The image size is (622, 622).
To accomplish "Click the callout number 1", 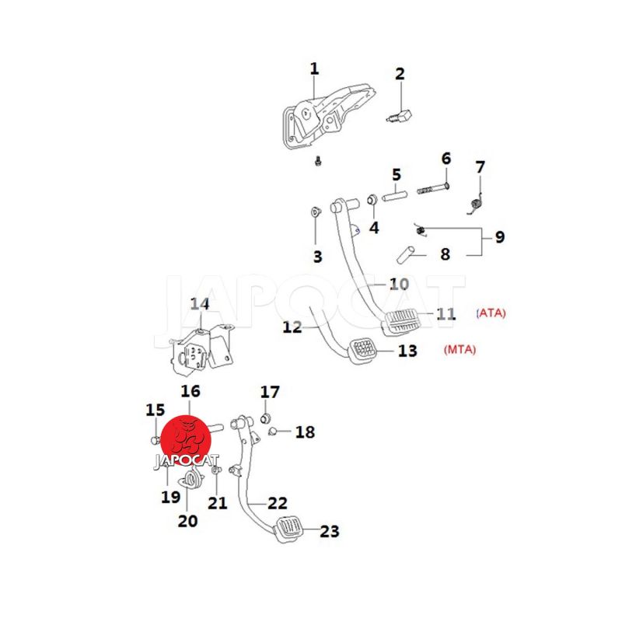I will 314,69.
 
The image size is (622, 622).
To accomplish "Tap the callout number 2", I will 400,75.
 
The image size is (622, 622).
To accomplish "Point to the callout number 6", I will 446,159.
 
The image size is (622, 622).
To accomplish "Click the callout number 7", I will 480,167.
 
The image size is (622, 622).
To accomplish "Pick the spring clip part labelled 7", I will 477,203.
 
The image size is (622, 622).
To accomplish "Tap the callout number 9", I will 499,237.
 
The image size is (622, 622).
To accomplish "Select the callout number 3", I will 317,257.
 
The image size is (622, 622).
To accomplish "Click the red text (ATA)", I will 491,313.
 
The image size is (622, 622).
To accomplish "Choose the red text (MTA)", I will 460,350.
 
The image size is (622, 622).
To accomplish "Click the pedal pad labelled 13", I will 363,350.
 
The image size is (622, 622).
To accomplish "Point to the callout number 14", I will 200,304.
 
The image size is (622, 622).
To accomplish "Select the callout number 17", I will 269,391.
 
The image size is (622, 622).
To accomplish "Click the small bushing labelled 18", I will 273,431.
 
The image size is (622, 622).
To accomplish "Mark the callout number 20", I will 187,520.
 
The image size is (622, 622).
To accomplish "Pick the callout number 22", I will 278,503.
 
